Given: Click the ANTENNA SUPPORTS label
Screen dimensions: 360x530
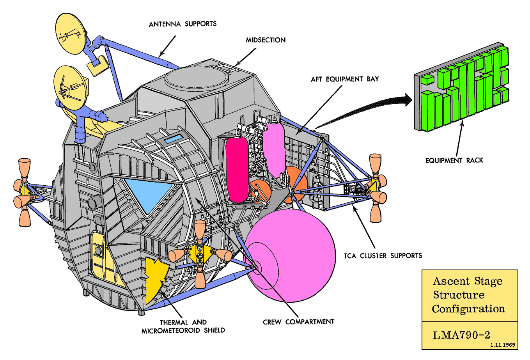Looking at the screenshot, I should point(183,24).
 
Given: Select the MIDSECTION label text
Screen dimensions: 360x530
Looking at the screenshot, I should point(266,40).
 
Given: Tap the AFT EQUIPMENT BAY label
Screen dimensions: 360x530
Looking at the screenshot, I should point(345,79).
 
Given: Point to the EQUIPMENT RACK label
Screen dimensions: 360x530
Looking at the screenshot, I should point(454,160).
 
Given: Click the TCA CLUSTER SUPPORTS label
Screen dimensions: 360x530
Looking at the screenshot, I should point(383,256).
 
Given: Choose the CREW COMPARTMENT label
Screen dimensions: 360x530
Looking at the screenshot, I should point(298,322).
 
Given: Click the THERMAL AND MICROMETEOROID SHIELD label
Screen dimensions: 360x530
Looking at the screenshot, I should point(183,326).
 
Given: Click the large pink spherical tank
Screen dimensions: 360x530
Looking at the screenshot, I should point(291,257).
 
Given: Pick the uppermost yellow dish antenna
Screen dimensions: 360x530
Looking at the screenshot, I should point(70,34).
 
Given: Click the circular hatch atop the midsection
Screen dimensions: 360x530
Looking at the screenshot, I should point(197,77).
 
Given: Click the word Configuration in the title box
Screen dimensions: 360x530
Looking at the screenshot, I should point(468,309).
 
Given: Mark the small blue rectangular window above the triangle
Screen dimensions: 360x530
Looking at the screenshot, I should point(174,139).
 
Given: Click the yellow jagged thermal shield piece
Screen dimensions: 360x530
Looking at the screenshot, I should point(156,279).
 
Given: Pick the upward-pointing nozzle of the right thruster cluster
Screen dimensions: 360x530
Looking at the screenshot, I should point(375,164).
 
